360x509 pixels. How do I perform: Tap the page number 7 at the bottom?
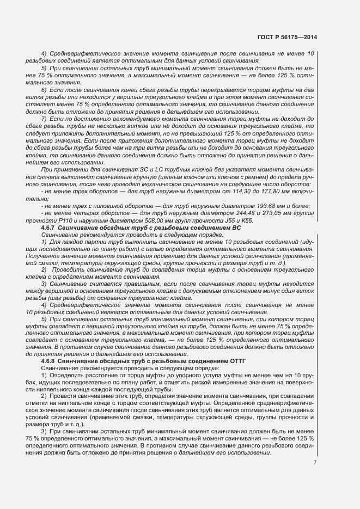[x=315, y=463]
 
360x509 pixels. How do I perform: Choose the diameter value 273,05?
[x=271, y=212]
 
